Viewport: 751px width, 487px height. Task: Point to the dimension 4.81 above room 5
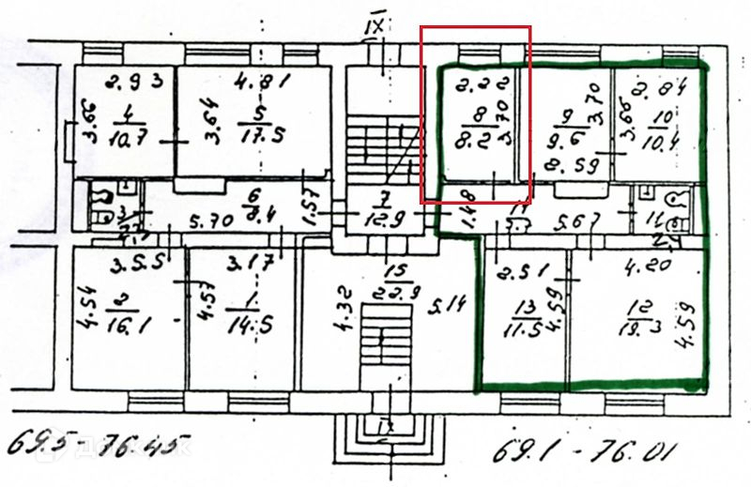pos(260,80)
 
